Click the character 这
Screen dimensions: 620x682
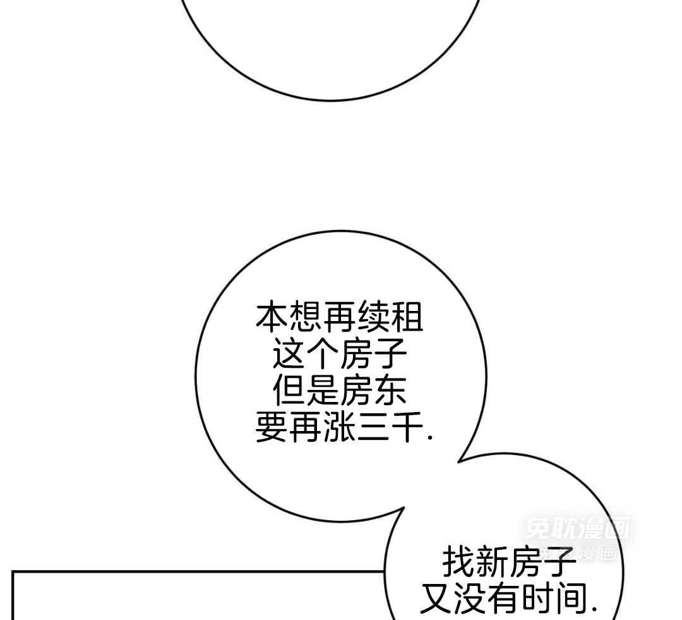click(x=289, y=355)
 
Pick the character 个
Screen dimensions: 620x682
click(x=323, y=355)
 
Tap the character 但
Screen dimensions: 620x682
click(x=289, y=392)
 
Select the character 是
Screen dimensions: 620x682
click(x=323, y=392)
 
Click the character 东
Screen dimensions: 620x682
click(x=390, y=392)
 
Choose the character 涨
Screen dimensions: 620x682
click(x=340, y=429)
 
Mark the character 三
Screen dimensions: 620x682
click(x=373, y=429)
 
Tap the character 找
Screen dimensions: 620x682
click(x=458, y=562)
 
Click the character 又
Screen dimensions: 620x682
click(x=437, y=599)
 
